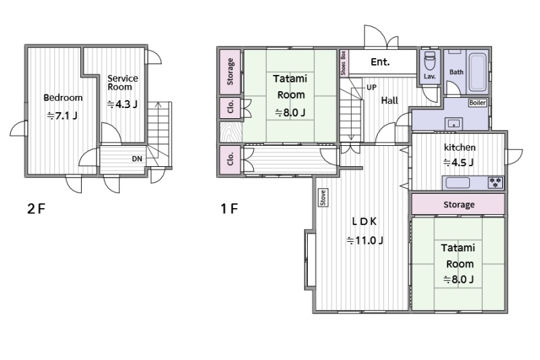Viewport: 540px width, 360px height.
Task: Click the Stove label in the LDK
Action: coord(323,198)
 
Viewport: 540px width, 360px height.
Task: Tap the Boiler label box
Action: coord(477,103)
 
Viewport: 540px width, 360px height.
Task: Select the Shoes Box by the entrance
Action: coord(344,63)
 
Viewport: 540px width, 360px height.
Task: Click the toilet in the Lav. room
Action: coord(429,61)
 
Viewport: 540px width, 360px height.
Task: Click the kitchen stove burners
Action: coord(495,182)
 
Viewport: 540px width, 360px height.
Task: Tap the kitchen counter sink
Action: coord(458,182)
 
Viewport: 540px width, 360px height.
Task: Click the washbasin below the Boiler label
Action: coord(454,124)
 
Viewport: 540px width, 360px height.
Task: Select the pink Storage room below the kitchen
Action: coord(458,204)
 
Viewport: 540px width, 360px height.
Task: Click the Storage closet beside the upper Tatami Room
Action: coord(230,72)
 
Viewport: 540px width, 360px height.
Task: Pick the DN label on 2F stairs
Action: coord(137,159)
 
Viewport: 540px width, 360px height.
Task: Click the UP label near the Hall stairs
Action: coord(371,88)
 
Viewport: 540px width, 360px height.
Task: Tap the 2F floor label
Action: coord(36,209)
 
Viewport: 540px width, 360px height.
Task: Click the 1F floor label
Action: coord(230,209)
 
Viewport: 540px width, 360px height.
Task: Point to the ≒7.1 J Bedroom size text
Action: coord(62,115)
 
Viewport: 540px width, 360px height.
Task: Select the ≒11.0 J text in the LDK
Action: coord(364,240)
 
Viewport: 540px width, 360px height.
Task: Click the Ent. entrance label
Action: coord(380,62)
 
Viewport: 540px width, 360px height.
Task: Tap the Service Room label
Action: coord(123,82)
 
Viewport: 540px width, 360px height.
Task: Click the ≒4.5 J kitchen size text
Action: coord(458,162)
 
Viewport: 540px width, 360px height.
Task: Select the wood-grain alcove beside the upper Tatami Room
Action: coord(231,132)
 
